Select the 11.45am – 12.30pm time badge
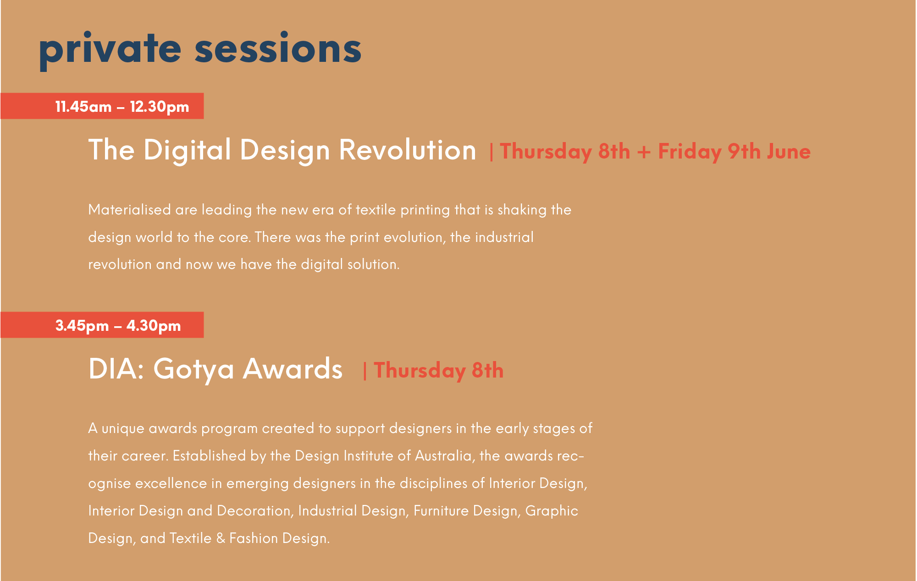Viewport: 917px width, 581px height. pos(102,106)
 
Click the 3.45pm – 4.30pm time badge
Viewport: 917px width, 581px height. pos(102,325)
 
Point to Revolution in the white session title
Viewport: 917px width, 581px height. pos(408,149)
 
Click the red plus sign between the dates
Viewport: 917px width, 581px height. pos(644,152)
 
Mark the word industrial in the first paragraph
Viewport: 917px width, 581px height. pos(504,237)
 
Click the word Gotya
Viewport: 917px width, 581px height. pos(193,369)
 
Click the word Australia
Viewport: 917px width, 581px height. pos(444,456)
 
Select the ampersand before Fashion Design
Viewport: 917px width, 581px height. pos(221,538)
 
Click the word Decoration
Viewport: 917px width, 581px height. pos(254,510)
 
